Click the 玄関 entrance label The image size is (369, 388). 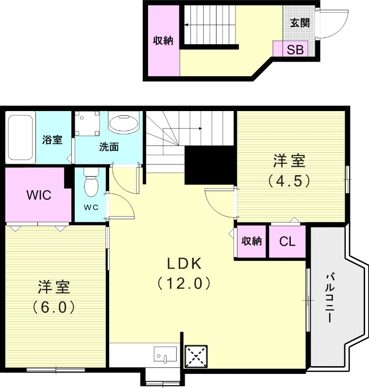click(300, 23)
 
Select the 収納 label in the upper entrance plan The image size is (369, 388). click(163, 41)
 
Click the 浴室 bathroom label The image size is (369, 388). click(52, 140)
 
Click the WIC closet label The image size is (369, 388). click(39, 195)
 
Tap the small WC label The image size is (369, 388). click(91, 207)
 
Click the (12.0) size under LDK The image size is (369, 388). click(184, 283)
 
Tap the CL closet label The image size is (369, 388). click(287, 242)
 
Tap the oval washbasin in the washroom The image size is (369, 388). click(124, 123)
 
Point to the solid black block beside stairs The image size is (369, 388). click(204, 165)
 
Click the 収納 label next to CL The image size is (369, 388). click(251, 242)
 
